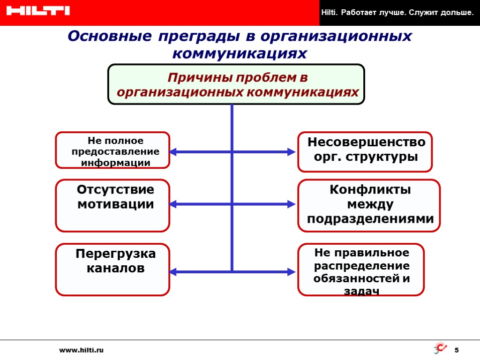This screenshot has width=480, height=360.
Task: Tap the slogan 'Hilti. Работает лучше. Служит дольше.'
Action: pyautogui.click(x=397, y=12)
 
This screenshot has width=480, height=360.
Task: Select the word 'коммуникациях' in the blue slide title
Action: pyautogui.click(x=240, y=53)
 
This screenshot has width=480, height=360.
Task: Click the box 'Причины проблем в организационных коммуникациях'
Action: pyautogui.click(x=236, y=84)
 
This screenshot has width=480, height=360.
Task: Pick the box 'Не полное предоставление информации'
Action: pyautogui.click(x=112, y=150)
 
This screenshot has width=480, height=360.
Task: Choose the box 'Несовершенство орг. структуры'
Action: pyautogui.click(x=365, y=151)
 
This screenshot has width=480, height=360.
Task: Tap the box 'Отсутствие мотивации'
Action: pyautogui.click(x=112, y=205)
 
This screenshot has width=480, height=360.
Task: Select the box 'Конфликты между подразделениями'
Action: pyautogui.click(x=369, y=205)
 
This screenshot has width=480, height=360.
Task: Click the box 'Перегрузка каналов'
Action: pyautogui.click(x=112, y=269)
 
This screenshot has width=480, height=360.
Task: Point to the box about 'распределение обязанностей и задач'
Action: pyautogui.click(x=361, y=269)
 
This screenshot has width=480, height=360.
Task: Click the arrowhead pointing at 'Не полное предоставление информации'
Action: pyautogui.click(x=173, y=152)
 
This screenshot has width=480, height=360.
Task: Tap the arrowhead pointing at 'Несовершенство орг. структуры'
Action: pyautogui.click(x=291, y=152)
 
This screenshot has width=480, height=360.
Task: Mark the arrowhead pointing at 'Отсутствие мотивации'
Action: pyautogui.click(x=173, y=204)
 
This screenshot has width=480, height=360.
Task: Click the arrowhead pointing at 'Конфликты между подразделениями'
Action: pyautogui.click(x=291, y=204)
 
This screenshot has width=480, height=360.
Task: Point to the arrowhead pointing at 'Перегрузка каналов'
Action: pyautogui.click(x=173, y=272)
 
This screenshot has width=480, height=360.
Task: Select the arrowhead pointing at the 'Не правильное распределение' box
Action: pyautogui.click(x=291, y=272)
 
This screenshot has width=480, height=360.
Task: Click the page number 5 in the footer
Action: pyautogui.click(x=457, y=350)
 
